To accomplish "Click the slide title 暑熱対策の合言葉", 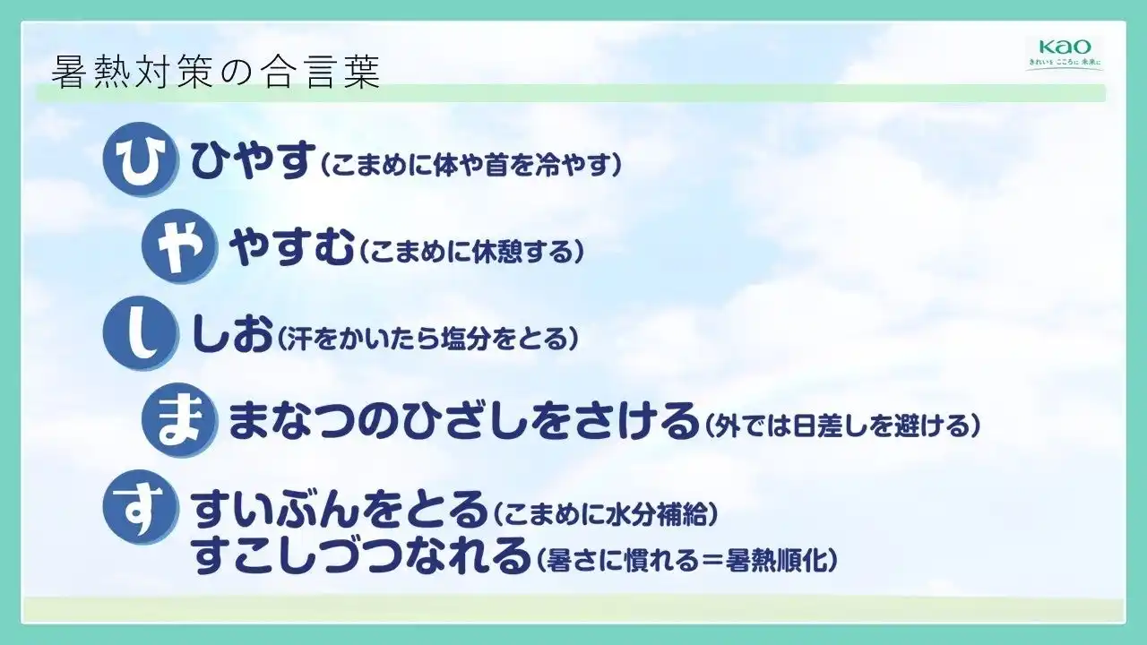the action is coord(216,73).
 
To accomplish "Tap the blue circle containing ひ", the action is coord(141,159).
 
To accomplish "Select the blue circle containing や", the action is coord(179,245).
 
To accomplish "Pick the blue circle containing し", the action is coord(141,333).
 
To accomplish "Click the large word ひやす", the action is coord(252,159).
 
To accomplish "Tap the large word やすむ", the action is coord(291,246).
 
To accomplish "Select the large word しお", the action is coord(231,333).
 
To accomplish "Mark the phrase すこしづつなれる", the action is coord(360,555).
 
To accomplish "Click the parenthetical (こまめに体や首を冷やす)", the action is coord(470,165).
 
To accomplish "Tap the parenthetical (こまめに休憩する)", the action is coord(471,252).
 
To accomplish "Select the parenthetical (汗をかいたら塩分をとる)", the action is coord(427,339).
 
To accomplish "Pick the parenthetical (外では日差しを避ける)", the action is coord(842,426).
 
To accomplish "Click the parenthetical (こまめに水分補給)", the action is coord(605,513).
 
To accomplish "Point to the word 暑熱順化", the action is coord(776,560).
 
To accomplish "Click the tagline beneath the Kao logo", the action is coord(1064,63).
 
